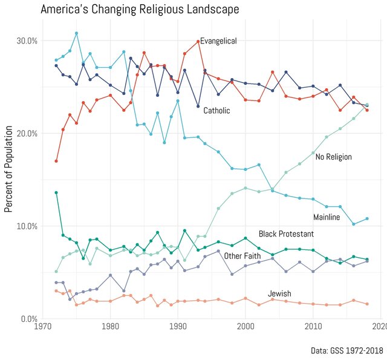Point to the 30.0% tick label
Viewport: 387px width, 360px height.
tap(26, 41)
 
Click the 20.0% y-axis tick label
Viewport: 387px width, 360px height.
tap(26, 133)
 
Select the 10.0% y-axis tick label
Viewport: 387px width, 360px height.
tap(26, 226)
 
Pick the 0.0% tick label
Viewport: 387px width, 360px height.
tap(28, 319)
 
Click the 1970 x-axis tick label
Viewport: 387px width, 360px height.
tap(43, 327)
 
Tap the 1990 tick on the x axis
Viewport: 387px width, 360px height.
tap(178, 327)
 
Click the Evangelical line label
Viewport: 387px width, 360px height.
tap(218, 41)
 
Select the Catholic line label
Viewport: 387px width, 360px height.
tap(216, 111)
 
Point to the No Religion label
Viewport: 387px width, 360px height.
tap(334, 157)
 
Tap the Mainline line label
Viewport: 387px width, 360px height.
tap(327, 217)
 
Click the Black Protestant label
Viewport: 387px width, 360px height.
tap(286, 234)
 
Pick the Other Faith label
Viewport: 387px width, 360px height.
tap(242, 256)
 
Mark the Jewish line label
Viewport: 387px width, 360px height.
tap(279, 294)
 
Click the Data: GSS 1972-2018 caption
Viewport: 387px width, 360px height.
tap(346, 350)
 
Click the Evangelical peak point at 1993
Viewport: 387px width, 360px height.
tap(198, 41)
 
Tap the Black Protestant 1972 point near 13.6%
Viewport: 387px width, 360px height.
tap(56, 192)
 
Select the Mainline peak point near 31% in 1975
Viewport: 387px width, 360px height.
tap(76, 33)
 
